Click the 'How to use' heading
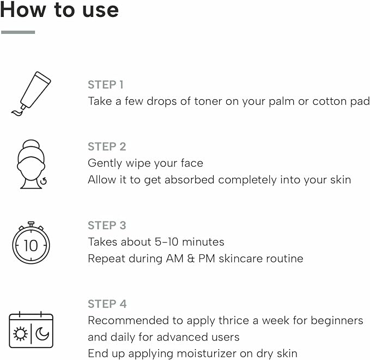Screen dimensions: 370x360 (x=59, y=9)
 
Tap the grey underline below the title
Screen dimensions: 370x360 (x=18, y=32)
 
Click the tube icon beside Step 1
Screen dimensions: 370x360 (x=31, y=94)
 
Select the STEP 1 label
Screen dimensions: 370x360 (x=106, y=85)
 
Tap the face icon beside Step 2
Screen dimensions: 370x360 (x=32, y=164)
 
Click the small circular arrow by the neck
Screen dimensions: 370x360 (x=44, y=181)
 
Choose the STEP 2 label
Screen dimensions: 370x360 (x=107, y=147)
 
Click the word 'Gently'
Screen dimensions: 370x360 (x=105, y=164)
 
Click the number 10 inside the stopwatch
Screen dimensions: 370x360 (x=31, y=245)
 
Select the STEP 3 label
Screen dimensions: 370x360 (x=107, y=225)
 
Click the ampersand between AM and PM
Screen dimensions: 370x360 (x=191, y=259)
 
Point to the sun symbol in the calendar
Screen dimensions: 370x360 (x=20, y=334)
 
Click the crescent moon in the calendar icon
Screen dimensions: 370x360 (x=43, y=333)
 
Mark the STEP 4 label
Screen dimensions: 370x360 (x=107, y=304)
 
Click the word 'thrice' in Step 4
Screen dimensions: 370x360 (x=234, y=320)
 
